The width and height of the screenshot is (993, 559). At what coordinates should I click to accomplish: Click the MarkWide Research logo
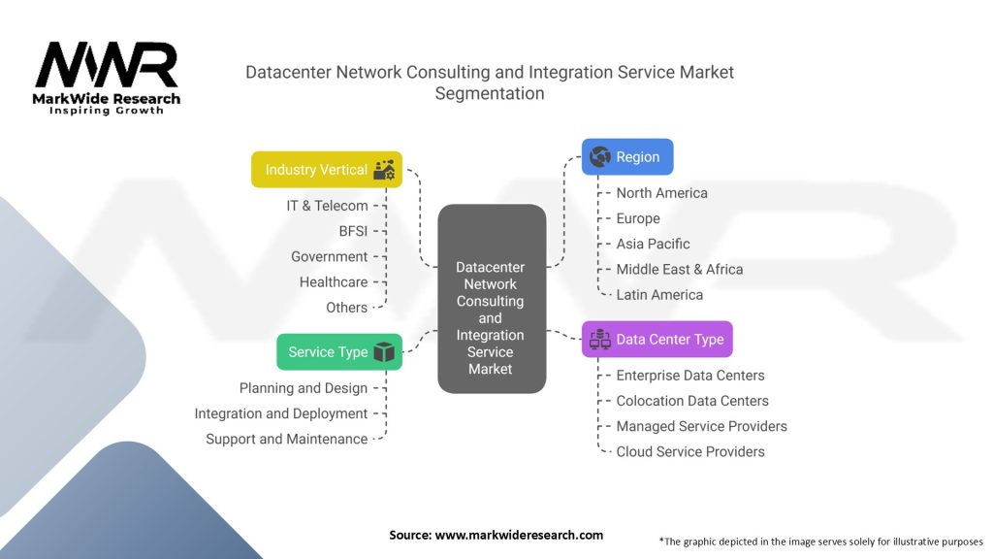[107, 78]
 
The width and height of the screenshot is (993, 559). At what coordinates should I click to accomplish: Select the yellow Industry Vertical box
[327, 170]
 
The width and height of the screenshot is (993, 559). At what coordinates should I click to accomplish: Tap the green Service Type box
[339, 352]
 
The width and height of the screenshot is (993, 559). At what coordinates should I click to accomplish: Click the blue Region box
[627, 157]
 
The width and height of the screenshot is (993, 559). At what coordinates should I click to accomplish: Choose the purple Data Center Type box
[657, 340]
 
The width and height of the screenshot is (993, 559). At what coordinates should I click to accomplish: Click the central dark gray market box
[491, 299]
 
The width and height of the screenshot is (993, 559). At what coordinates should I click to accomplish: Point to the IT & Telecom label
[327, 206]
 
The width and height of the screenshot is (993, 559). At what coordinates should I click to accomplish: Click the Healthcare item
[334, 282]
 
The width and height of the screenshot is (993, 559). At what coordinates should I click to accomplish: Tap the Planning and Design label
[304, 388]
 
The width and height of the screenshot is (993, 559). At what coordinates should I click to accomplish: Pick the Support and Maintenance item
[287, 440]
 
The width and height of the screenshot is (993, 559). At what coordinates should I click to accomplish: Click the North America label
[661, 193]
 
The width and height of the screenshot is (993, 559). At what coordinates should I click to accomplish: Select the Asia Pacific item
[653, 244]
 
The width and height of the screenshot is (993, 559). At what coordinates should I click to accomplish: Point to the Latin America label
[659, 294]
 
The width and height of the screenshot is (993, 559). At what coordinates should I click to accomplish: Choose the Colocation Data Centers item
[692, 401]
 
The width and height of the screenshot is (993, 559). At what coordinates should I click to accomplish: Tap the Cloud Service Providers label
[690, 451]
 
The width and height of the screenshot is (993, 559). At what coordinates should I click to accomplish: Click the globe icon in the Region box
[599, 157]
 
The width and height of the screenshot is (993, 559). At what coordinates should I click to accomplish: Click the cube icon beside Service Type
[384, 352]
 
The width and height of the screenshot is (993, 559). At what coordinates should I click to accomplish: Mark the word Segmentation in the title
[490, 94]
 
